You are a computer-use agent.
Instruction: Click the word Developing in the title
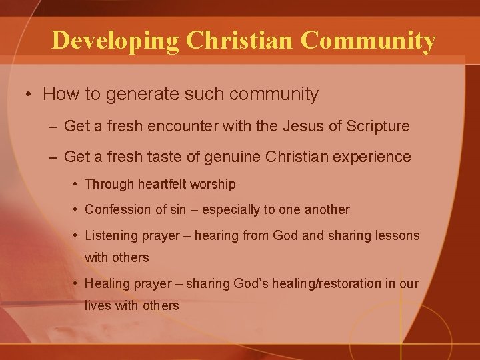point(115,40)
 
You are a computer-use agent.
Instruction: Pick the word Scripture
point(376,127)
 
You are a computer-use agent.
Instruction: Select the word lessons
point(399,235)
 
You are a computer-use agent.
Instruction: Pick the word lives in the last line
point(97,306)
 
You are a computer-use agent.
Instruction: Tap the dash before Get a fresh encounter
point(53,127)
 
